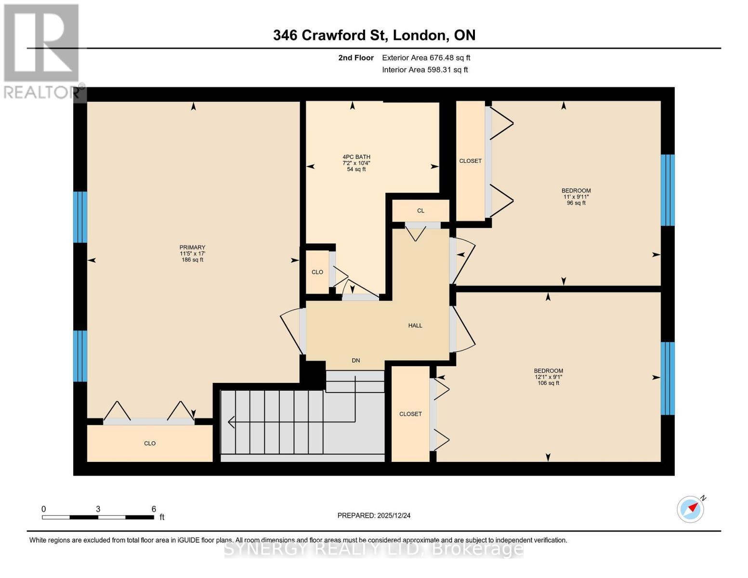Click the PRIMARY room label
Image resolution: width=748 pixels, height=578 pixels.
tap(192, 248)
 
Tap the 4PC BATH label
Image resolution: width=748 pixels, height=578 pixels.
tap(356, 157)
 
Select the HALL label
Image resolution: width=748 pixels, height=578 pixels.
tap(415, 326)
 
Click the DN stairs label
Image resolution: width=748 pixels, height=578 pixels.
tap(355, 360)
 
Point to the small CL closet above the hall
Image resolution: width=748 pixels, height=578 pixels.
tap(420, 211)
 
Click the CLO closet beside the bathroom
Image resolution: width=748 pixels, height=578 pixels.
tap(317, 272)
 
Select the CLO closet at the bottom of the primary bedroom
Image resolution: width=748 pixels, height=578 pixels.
tap(150, 443)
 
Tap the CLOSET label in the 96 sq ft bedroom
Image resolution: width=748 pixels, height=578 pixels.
tap(470, 161)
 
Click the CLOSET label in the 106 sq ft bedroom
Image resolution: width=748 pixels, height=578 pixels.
tap(410, 414)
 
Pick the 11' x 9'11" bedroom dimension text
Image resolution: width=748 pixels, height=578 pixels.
tap(576, 197)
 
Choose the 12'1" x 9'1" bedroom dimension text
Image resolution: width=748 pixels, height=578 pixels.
tap(548, 377)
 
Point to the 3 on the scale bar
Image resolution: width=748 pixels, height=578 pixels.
tap(98, 509)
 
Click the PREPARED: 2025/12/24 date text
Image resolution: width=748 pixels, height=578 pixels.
tap(374, 515)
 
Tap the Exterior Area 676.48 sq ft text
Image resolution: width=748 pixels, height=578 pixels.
tap(426, 58)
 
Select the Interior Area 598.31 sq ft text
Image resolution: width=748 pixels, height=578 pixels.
tap(425, 70)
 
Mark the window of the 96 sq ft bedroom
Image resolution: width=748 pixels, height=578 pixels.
tap(667, 190)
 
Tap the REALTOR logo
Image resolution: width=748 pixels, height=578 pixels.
tap(42, 51)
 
